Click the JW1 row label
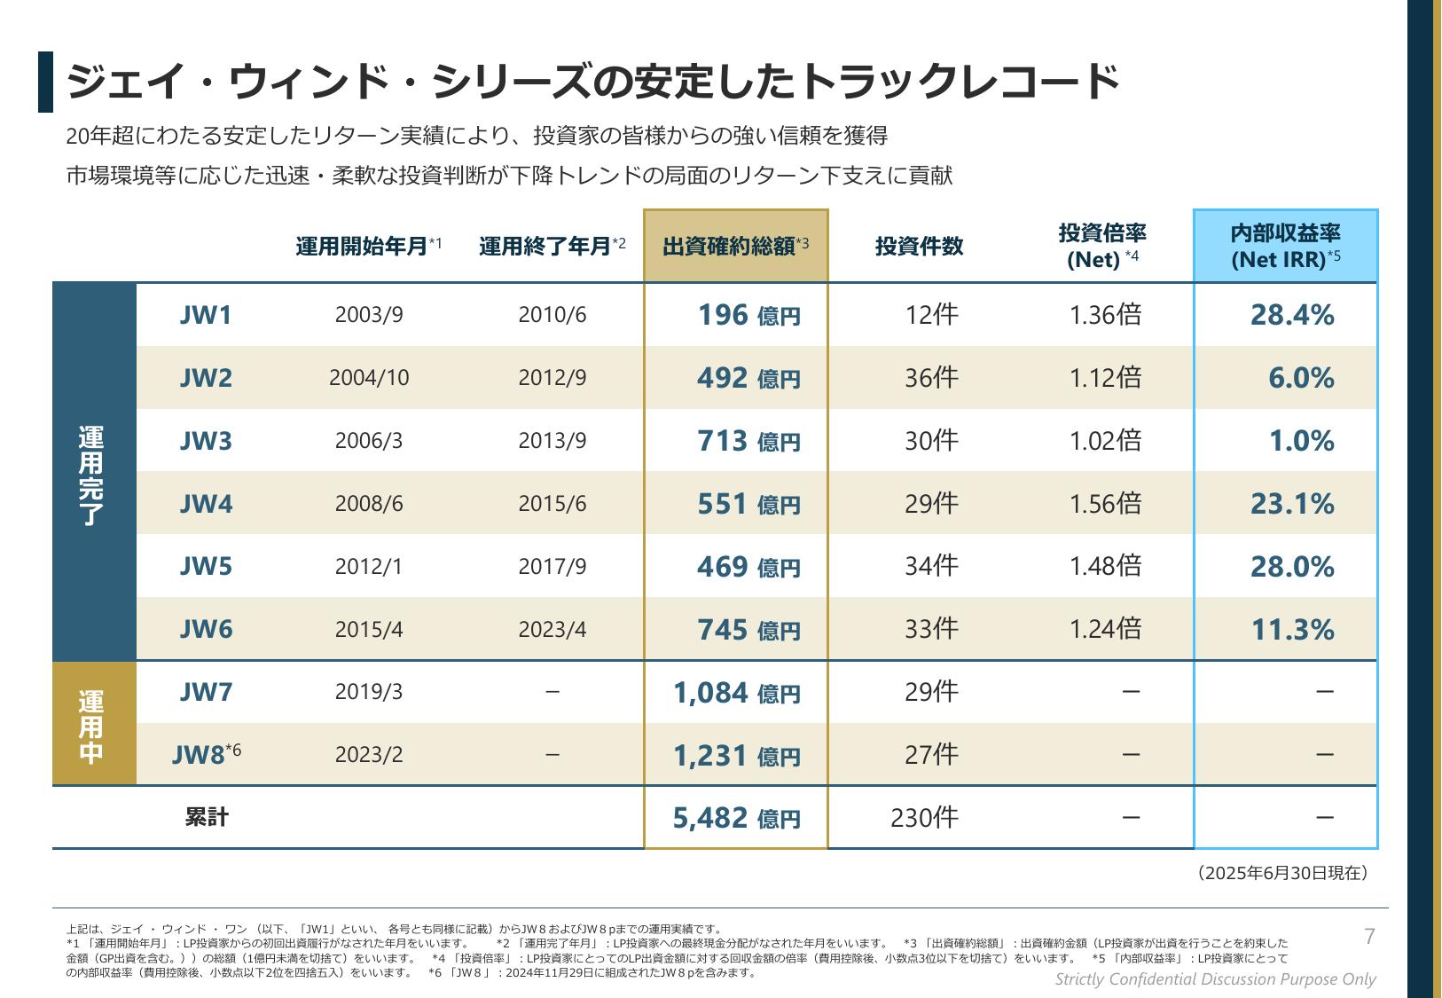206,315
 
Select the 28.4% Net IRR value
1291,315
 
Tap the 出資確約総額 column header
735,247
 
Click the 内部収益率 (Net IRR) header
1285,247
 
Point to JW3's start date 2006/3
369,441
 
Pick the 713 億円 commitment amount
748,441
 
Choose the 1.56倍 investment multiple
1105,504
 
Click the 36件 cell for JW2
931,378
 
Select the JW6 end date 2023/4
552,630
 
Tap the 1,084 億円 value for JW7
736,693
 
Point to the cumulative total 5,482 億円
736,818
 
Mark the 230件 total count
924,817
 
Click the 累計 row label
207,817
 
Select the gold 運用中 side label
92,724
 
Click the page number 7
1369,937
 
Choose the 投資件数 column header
919,247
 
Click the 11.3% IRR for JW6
1292,630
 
